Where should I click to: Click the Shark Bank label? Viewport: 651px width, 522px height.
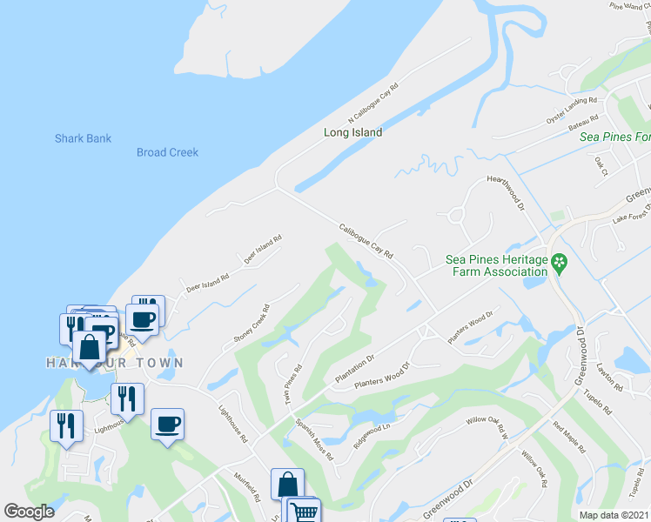pyautogui.click(x=83, y=138)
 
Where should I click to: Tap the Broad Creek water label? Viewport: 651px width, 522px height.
pyautogui.click(x=167, y=152)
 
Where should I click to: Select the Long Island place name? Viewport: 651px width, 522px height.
pyautogui.click(x=352, y=133)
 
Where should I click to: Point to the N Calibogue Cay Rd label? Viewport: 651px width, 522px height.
pyautogui.click(x=372, y=103)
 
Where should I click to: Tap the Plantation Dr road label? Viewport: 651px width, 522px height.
pyautogui.click(x=354, y=370)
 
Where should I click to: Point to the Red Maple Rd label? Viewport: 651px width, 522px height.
pyautogui.click(x=570, y=439)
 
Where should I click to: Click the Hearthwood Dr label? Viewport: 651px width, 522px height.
pyautogui.click(x=507, y=192)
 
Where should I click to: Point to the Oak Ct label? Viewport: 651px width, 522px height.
pyautogui.click(x=601, y=164)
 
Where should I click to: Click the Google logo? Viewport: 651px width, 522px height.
pyautogui.click(x=29, y=512)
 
